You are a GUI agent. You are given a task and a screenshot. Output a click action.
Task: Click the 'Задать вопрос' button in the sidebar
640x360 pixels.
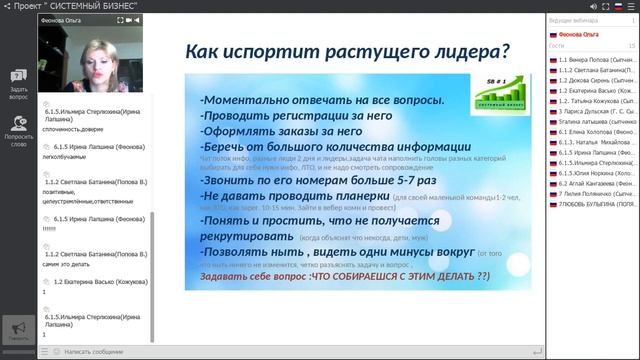pyautogui.click(x=18, y=84)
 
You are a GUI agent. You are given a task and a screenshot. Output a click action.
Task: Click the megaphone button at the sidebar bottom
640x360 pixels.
pyautogui.click(x=17, y=329)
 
